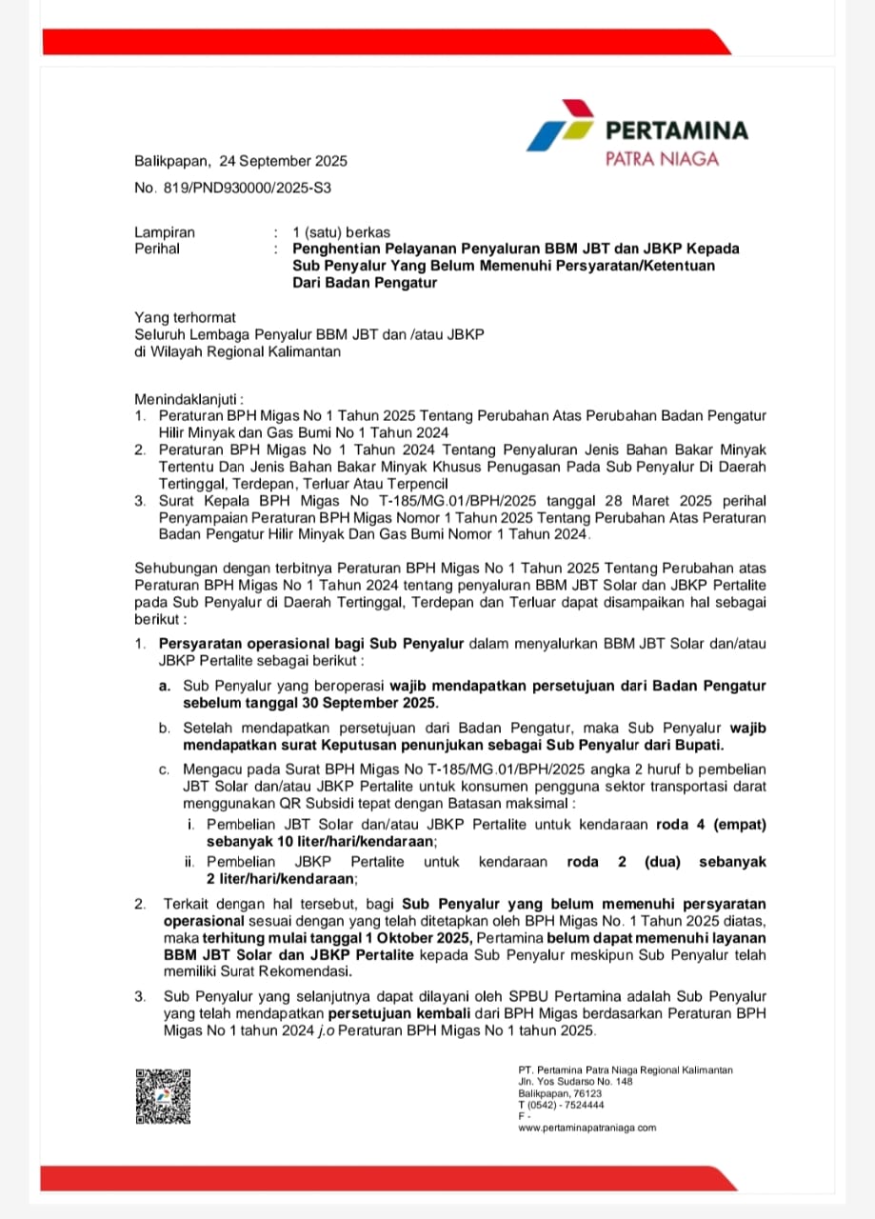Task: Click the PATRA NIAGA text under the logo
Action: pyautogui.click(x=663, y=159)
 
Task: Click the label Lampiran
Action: pyautogui.click(x=165, y=232)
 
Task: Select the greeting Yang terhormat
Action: pyautogui.click(x=185, y=317)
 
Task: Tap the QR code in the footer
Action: pyautogui.click(x=163, y=1096)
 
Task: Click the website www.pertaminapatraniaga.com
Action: pyautogui.click(x=587, y=1128)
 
